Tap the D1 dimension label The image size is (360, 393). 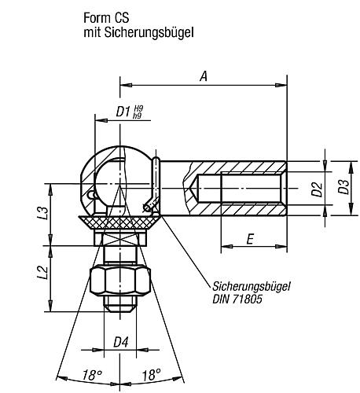(x=123, y=112)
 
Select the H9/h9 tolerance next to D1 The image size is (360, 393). (x=139, y=112)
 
